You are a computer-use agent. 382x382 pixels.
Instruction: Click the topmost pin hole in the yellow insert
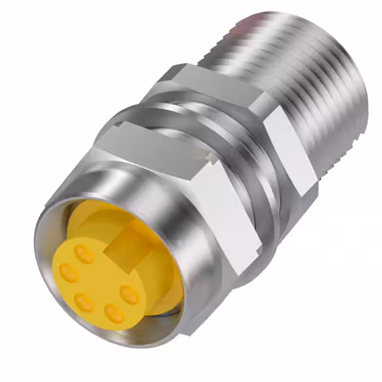(x=85, y=256)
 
